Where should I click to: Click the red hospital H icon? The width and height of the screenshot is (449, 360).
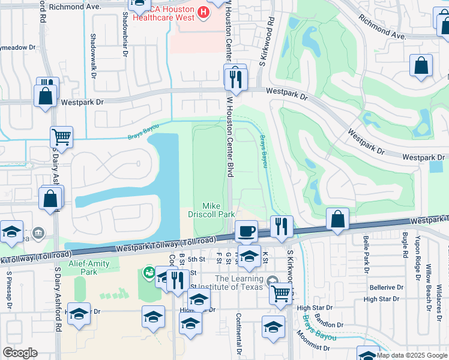(204, 12)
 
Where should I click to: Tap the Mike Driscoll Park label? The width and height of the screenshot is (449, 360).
(218, 209)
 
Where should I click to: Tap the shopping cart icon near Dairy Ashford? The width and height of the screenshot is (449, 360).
(61, 137)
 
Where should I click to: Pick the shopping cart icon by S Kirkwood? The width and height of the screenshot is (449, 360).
(280, 293)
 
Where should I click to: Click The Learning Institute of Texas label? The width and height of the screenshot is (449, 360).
(238, 283)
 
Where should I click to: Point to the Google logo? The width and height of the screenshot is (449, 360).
(20, 353)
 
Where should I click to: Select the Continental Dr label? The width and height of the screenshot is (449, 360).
(239, 334)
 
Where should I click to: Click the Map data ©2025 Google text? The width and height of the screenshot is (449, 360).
(412, 355)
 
